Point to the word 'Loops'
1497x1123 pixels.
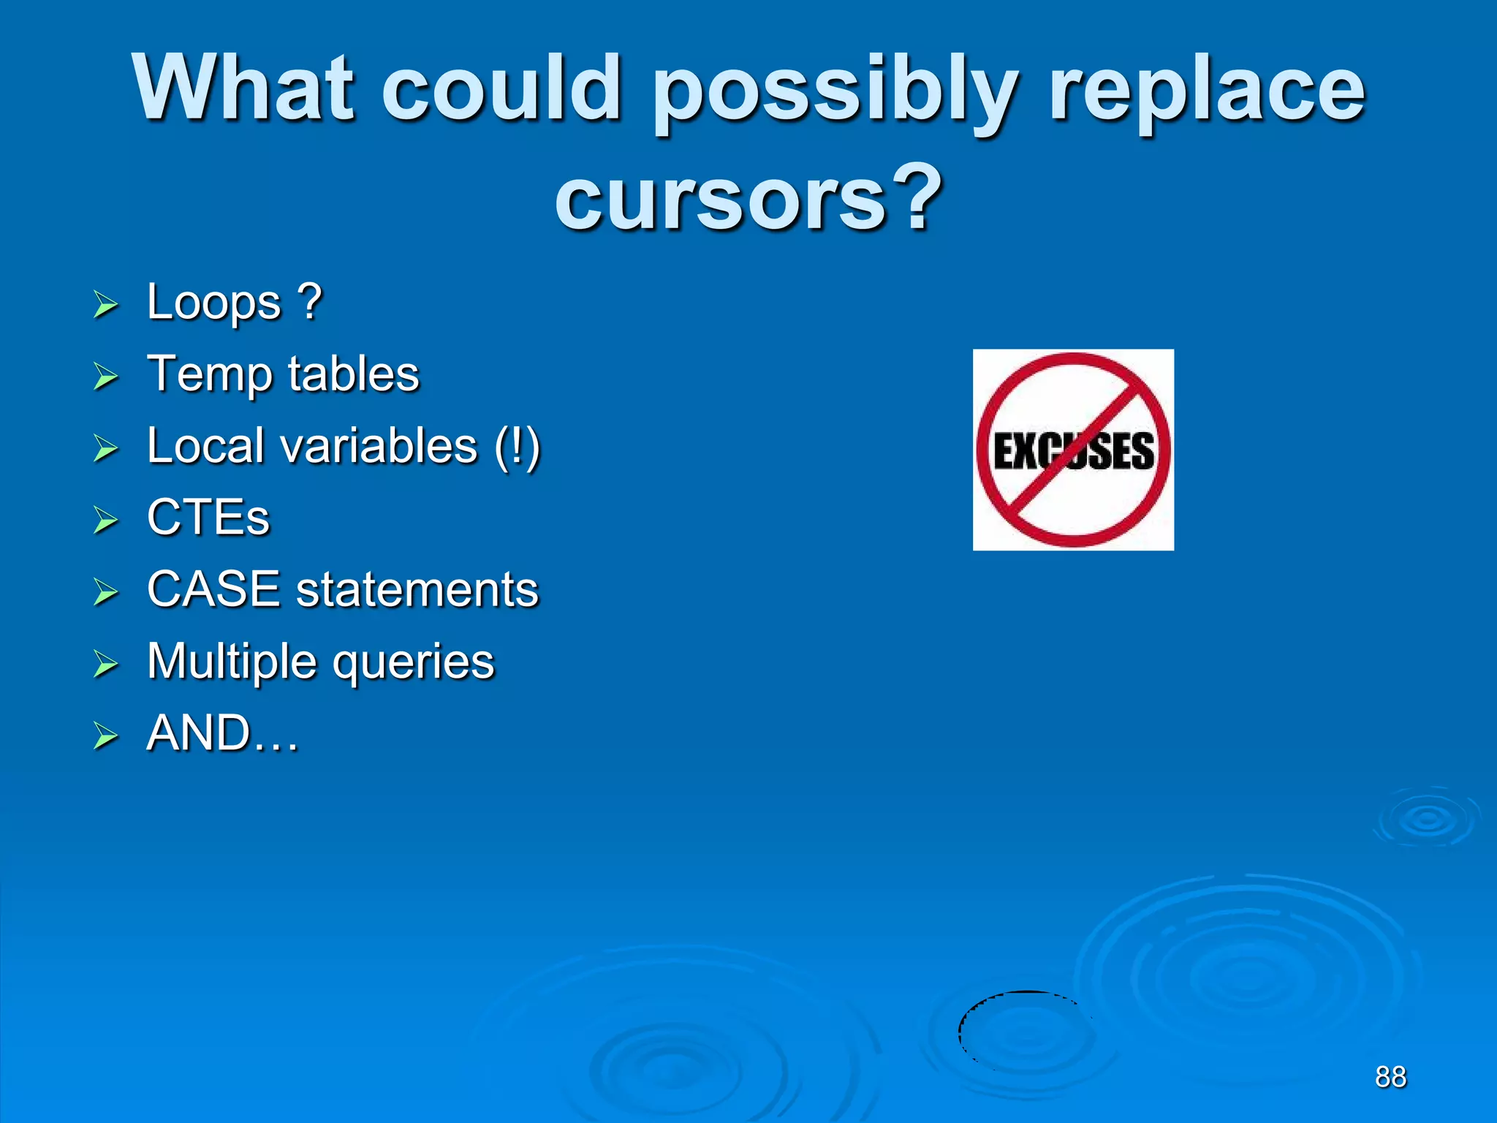click(x=213, y=302)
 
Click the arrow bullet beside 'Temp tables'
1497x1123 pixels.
click(x=106, y=377)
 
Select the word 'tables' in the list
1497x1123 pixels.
click(x=354, y=374)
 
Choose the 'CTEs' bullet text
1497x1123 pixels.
click(x=208, y=517)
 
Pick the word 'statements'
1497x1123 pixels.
click(x=417, y=589)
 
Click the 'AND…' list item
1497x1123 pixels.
click(x=223, y=733)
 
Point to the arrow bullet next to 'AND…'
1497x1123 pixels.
click(x=106, y=736)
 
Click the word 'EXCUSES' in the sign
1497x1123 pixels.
click(x=1074, y=450)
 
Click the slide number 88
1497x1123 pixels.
click(x=1390, y=1077)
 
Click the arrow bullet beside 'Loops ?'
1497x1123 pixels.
click(x=106, y=305)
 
